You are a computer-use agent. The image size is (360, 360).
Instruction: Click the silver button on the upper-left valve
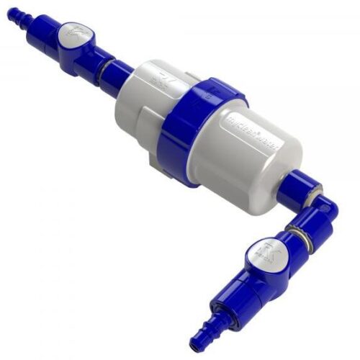point(71,35)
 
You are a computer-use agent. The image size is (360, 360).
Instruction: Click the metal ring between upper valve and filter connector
point(105,68)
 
